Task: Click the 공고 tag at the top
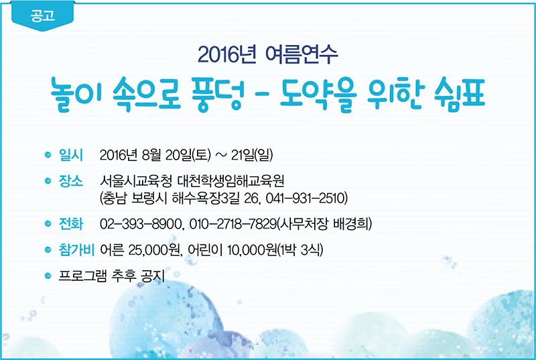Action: click(x=42, y=16)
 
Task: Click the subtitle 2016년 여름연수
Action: click(x=267, y=54)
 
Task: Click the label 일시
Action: click(x=71, y=155)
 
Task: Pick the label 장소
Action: click(x=71, y=181)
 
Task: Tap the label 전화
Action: click(x=71, y=224)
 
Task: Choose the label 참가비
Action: click(x=76, y=250)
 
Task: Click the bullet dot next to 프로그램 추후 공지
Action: click(x=48, y=276)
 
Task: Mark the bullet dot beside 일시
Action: click(x=48, y=155)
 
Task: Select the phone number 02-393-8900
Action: click(x=140, y=224)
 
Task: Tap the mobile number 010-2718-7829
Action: click(x=232, y=224)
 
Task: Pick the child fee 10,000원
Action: click(x=252, y=250)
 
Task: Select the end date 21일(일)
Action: click(x=252, y=156)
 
